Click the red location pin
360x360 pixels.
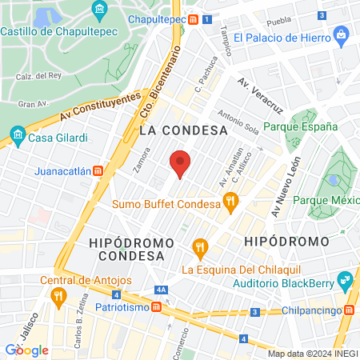pos(181,164)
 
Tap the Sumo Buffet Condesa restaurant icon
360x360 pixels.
pos(231,204)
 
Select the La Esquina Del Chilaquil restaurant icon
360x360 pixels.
pos(200,248)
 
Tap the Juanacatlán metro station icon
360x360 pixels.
pos(98,170)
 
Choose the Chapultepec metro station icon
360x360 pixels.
pos(193,18)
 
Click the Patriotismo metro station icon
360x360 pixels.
pos(158,306)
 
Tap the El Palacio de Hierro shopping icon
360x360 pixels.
pos(342,35)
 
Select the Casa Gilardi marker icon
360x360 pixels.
pos(17,136)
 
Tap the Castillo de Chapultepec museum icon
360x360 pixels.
pos(99,11)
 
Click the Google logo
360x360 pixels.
pos(27,350)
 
